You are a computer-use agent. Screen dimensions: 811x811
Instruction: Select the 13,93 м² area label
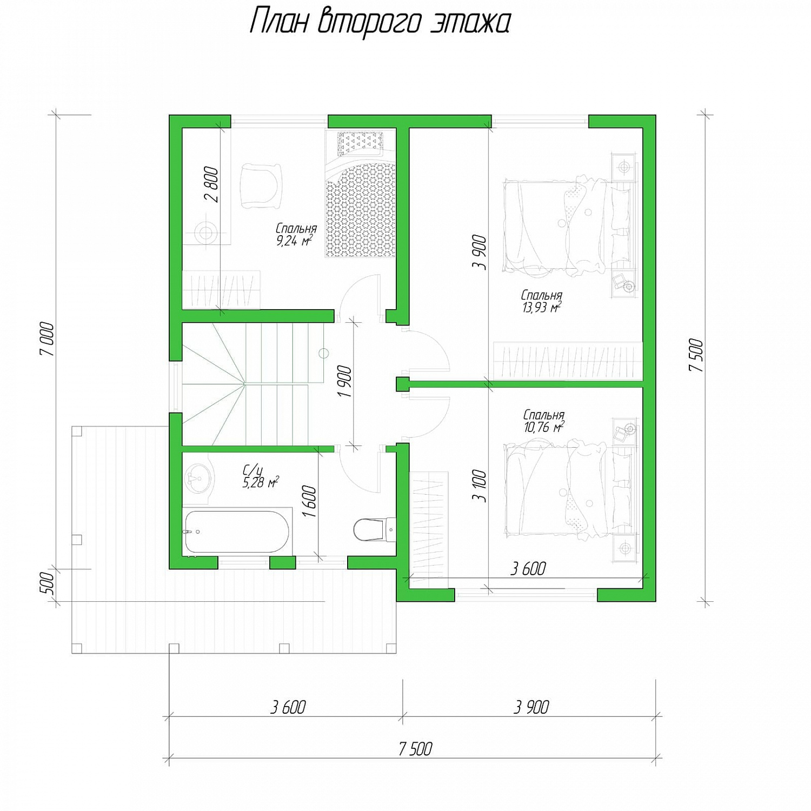541,308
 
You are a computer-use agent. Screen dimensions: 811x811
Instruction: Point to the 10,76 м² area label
544,427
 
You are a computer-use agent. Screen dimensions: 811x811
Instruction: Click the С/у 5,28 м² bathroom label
261,476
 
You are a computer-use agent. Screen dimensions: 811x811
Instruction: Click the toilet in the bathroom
371,529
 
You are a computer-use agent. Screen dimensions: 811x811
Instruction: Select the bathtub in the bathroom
236,533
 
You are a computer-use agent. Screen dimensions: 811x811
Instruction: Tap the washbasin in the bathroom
196,478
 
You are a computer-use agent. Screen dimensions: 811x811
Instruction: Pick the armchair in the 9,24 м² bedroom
261,185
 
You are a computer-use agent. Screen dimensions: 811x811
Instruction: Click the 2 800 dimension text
212,185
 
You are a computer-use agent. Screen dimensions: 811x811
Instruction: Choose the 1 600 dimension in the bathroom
309,501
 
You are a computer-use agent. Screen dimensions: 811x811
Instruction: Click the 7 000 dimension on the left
48,339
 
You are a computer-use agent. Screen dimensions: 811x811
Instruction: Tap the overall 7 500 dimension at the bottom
415,749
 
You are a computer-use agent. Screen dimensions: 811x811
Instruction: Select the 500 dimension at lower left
48,583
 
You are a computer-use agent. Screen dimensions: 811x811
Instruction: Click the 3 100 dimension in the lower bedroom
480,486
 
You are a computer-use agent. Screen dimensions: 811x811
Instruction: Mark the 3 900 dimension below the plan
531,707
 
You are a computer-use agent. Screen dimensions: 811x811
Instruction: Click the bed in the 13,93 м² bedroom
568,226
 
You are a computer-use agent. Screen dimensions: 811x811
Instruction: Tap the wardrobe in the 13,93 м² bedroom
568,361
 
